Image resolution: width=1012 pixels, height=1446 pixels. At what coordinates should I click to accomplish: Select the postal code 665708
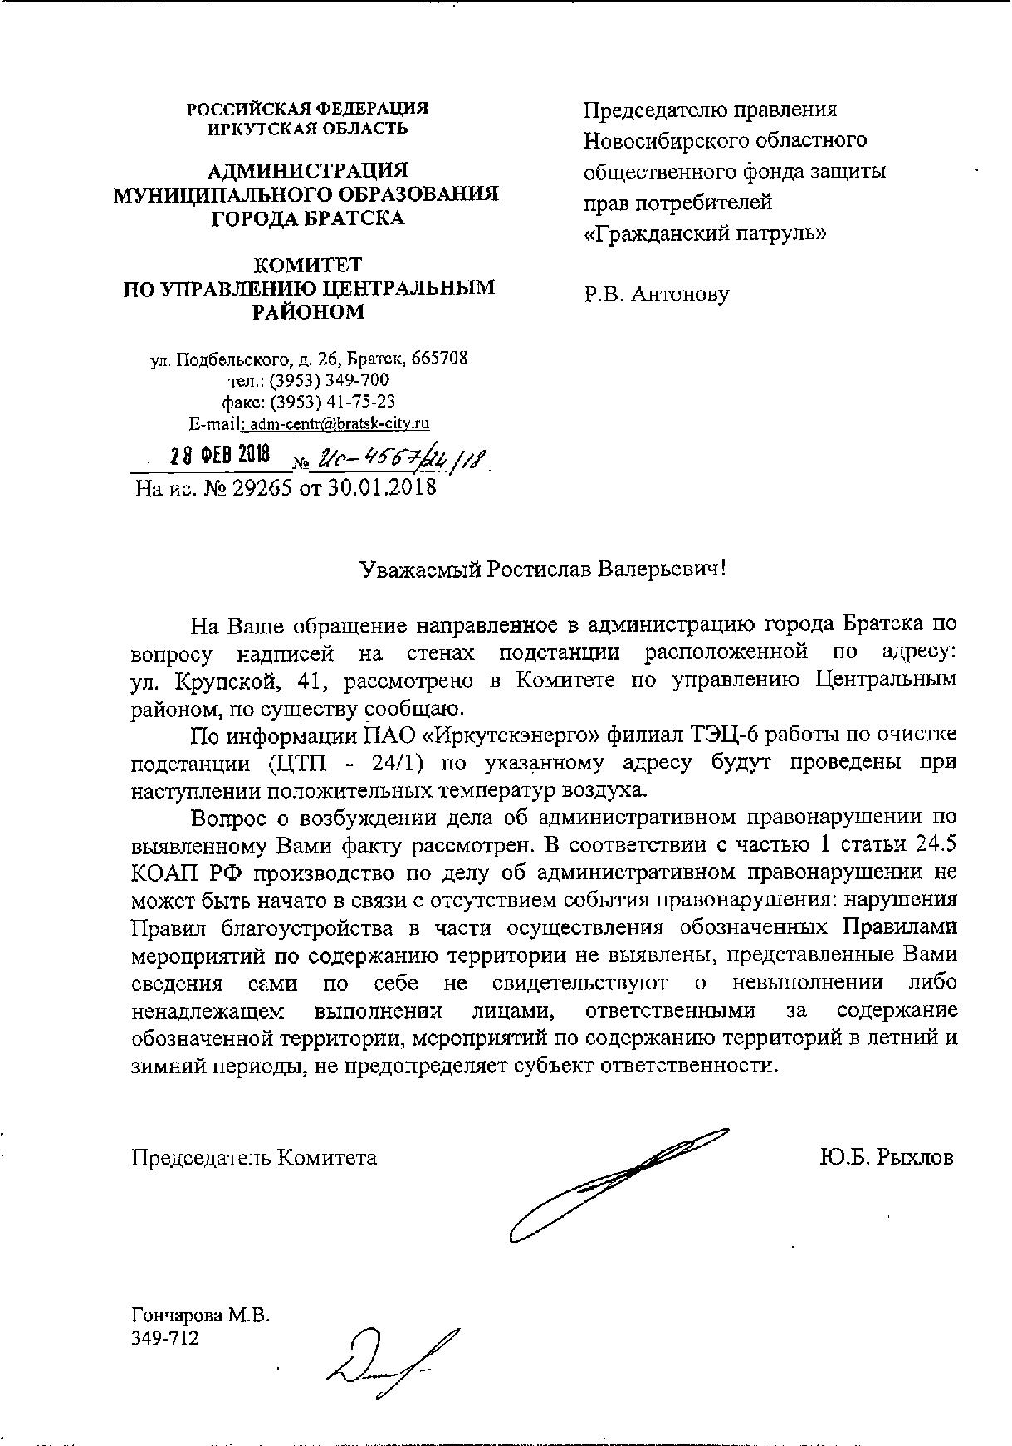(x=439, y=359)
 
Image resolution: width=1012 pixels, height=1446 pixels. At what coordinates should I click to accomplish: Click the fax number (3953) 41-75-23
(x=336, y=402)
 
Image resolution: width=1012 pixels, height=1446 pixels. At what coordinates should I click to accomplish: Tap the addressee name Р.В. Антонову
(x=656, y=295)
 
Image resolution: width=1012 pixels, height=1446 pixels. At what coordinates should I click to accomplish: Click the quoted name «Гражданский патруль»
(x=705, y=233)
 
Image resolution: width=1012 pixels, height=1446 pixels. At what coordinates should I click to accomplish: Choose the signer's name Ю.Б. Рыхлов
(x=886, y=1157)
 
